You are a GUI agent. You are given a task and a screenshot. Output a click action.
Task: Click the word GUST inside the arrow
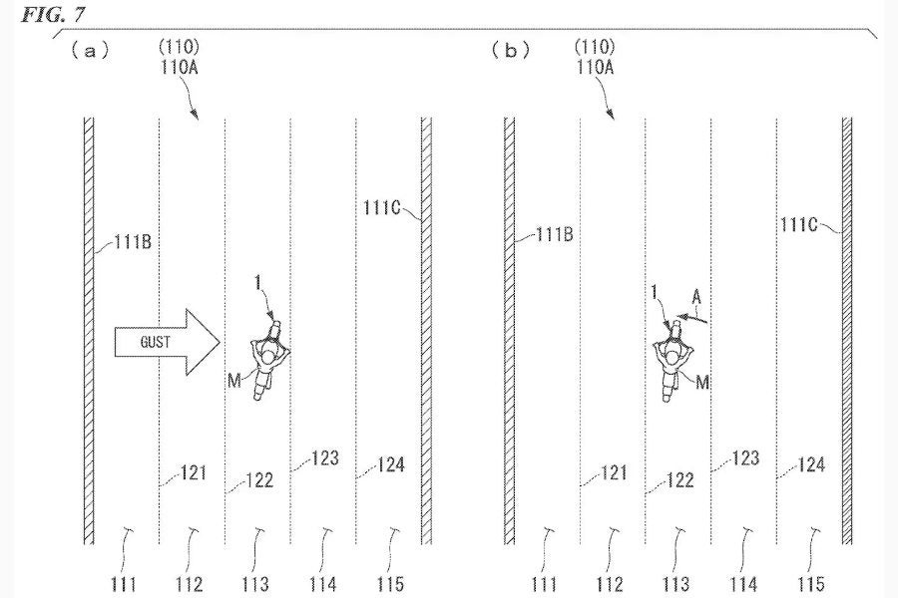[x=156, y=342]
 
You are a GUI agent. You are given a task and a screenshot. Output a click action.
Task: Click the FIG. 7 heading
[x=53, y=14]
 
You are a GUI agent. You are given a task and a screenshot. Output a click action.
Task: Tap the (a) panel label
[x=90, y=52]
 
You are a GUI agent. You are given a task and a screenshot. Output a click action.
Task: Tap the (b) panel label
[x=511, y=51]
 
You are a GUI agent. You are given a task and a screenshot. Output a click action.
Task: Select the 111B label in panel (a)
[x=133, y=242]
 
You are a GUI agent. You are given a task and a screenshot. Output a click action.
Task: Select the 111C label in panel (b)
[x=799, y=224]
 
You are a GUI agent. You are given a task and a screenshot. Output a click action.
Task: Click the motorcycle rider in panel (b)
[x=672, y=362]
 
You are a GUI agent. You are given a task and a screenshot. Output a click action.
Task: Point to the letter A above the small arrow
[x=696, y=296]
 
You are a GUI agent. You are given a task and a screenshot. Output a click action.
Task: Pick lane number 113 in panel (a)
[x=254, y=584]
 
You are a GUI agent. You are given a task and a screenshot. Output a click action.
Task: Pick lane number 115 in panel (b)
[x=811, y=584]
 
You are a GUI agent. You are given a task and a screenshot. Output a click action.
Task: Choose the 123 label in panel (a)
[x=325, y=457]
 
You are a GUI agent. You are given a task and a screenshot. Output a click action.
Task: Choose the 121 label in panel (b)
[x=615, y=472]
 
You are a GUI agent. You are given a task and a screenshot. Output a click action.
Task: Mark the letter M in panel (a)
[x=234, y=381]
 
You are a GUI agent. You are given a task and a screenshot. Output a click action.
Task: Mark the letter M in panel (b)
[x=702, y=382]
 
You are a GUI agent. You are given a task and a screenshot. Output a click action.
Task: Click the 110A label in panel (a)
[x=180, y=68]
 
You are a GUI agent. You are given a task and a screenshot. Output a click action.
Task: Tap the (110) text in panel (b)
[x=596, y=47]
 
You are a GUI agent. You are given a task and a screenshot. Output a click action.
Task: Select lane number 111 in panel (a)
[x=124, y=584]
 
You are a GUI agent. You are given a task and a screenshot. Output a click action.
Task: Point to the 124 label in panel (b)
[x=811, y=464]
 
